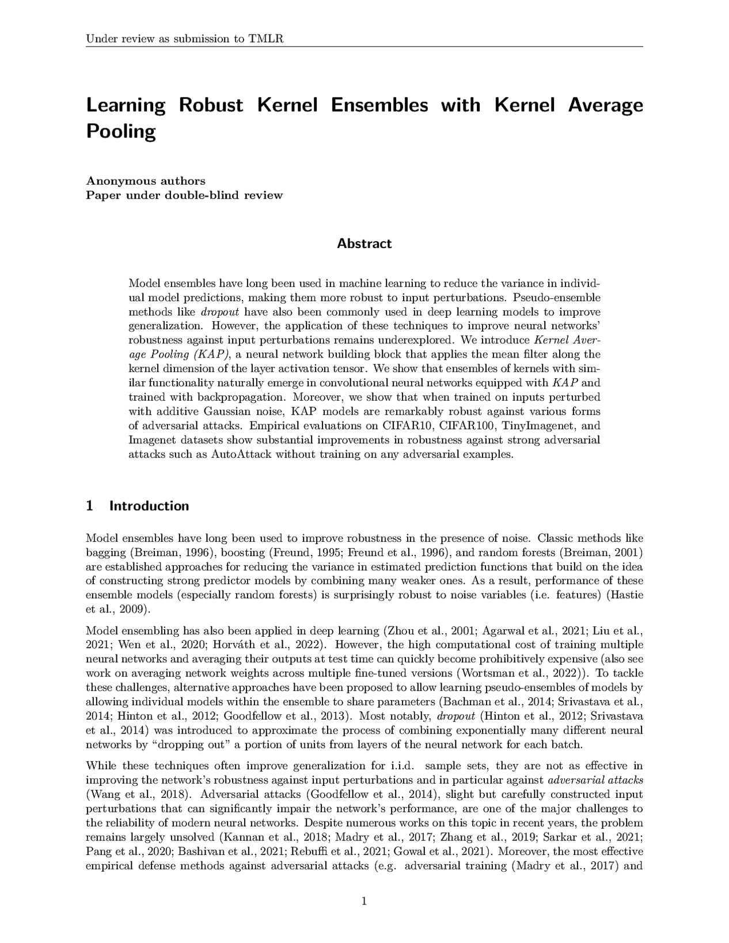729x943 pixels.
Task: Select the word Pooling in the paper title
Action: (121, 132)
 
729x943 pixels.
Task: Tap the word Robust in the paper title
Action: (211, 105)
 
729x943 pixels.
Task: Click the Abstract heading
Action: (364, 244)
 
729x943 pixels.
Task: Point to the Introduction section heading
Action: (149, 506)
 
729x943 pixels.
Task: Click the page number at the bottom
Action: (364, 902)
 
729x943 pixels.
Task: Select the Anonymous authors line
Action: (145, 181)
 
